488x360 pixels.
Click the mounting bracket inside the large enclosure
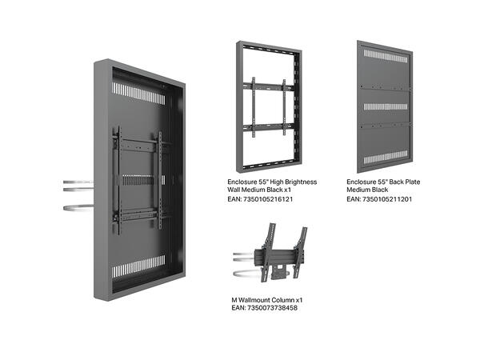(141, 179)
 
